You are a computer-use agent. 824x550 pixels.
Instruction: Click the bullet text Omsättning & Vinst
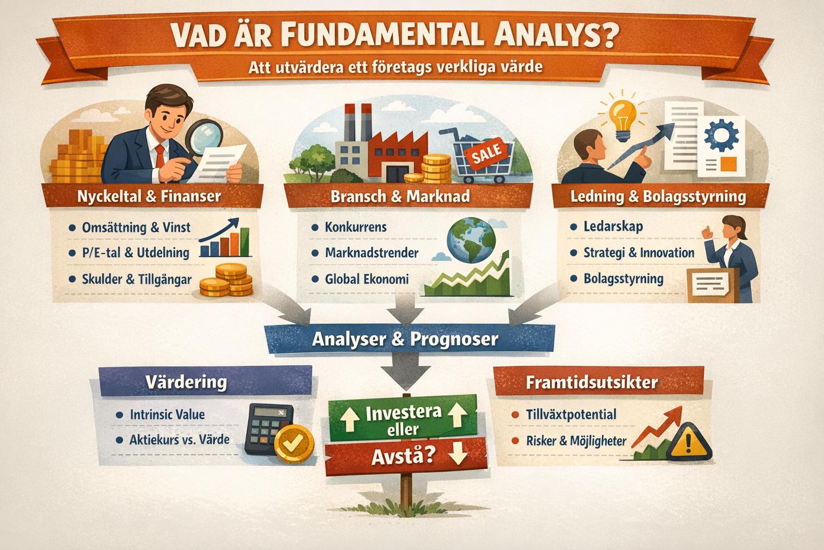click(136, 227)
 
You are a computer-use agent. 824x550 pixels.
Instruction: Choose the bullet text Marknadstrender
click(371, 252)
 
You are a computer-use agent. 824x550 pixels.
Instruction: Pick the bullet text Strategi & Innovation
click(638, 252)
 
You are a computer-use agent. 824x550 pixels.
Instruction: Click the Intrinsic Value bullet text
click(167, 415)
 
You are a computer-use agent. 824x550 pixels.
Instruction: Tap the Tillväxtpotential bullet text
click(571, 415)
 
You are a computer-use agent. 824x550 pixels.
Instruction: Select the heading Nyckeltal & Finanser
click(149, 196)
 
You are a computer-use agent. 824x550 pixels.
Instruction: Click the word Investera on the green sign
click(403, 413)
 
